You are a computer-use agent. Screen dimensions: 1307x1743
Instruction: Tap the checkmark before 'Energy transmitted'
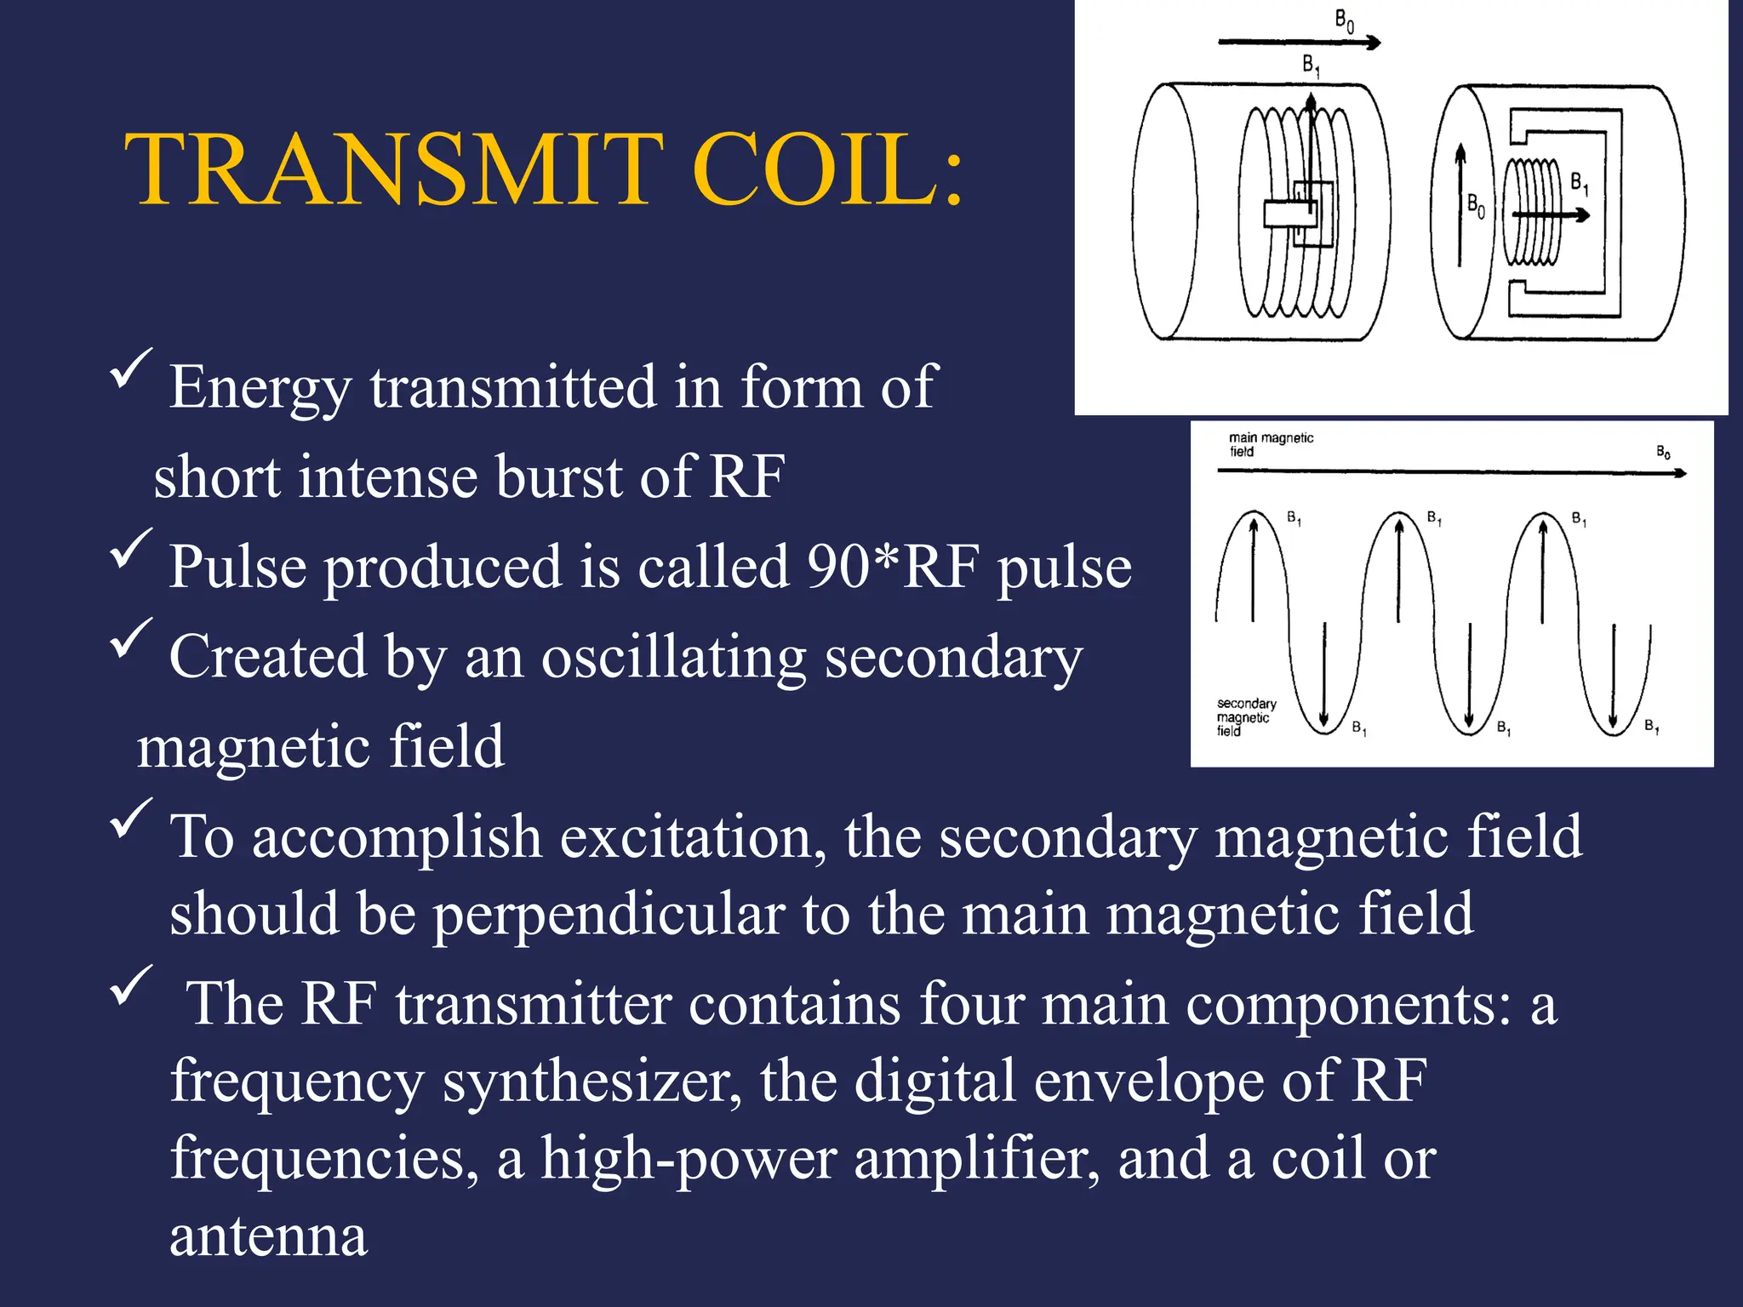tap(131, 368)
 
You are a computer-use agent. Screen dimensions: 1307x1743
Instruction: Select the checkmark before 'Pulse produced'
tap(131, 549)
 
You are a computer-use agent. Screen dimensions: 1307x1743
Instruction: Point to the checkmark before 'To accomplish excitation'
tap(131, 819)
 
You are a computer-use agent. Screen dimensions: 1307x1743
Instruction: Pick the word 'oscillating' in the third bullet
tap(673, 657)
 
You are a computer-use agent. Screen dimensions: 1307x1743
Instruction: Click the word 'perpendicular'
tap(609, 914)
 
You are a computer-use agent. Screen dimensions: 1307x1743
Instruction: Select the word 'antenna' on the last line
tap(268, 1236)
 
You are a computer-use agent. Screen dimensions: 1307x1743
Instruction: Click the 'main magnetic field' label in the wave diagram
tap(1270, 444)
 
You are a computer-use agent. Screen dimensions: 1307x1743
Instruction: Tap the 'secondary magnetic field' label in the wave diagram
tap(1246, 716)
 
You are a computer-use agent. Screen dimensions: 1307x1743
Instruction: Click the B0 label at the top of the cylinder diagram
tap(1344, 20)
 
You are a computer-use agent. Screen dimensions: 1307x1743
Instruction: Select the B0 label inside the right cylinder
tap(1476, 205)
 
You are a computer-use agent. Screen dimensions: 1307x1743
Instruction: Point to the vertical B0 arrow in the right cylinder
tap(1460, 204)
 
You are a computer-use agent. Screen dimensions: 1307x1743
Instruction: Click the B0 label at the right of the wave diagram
tap(1663, 452)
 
